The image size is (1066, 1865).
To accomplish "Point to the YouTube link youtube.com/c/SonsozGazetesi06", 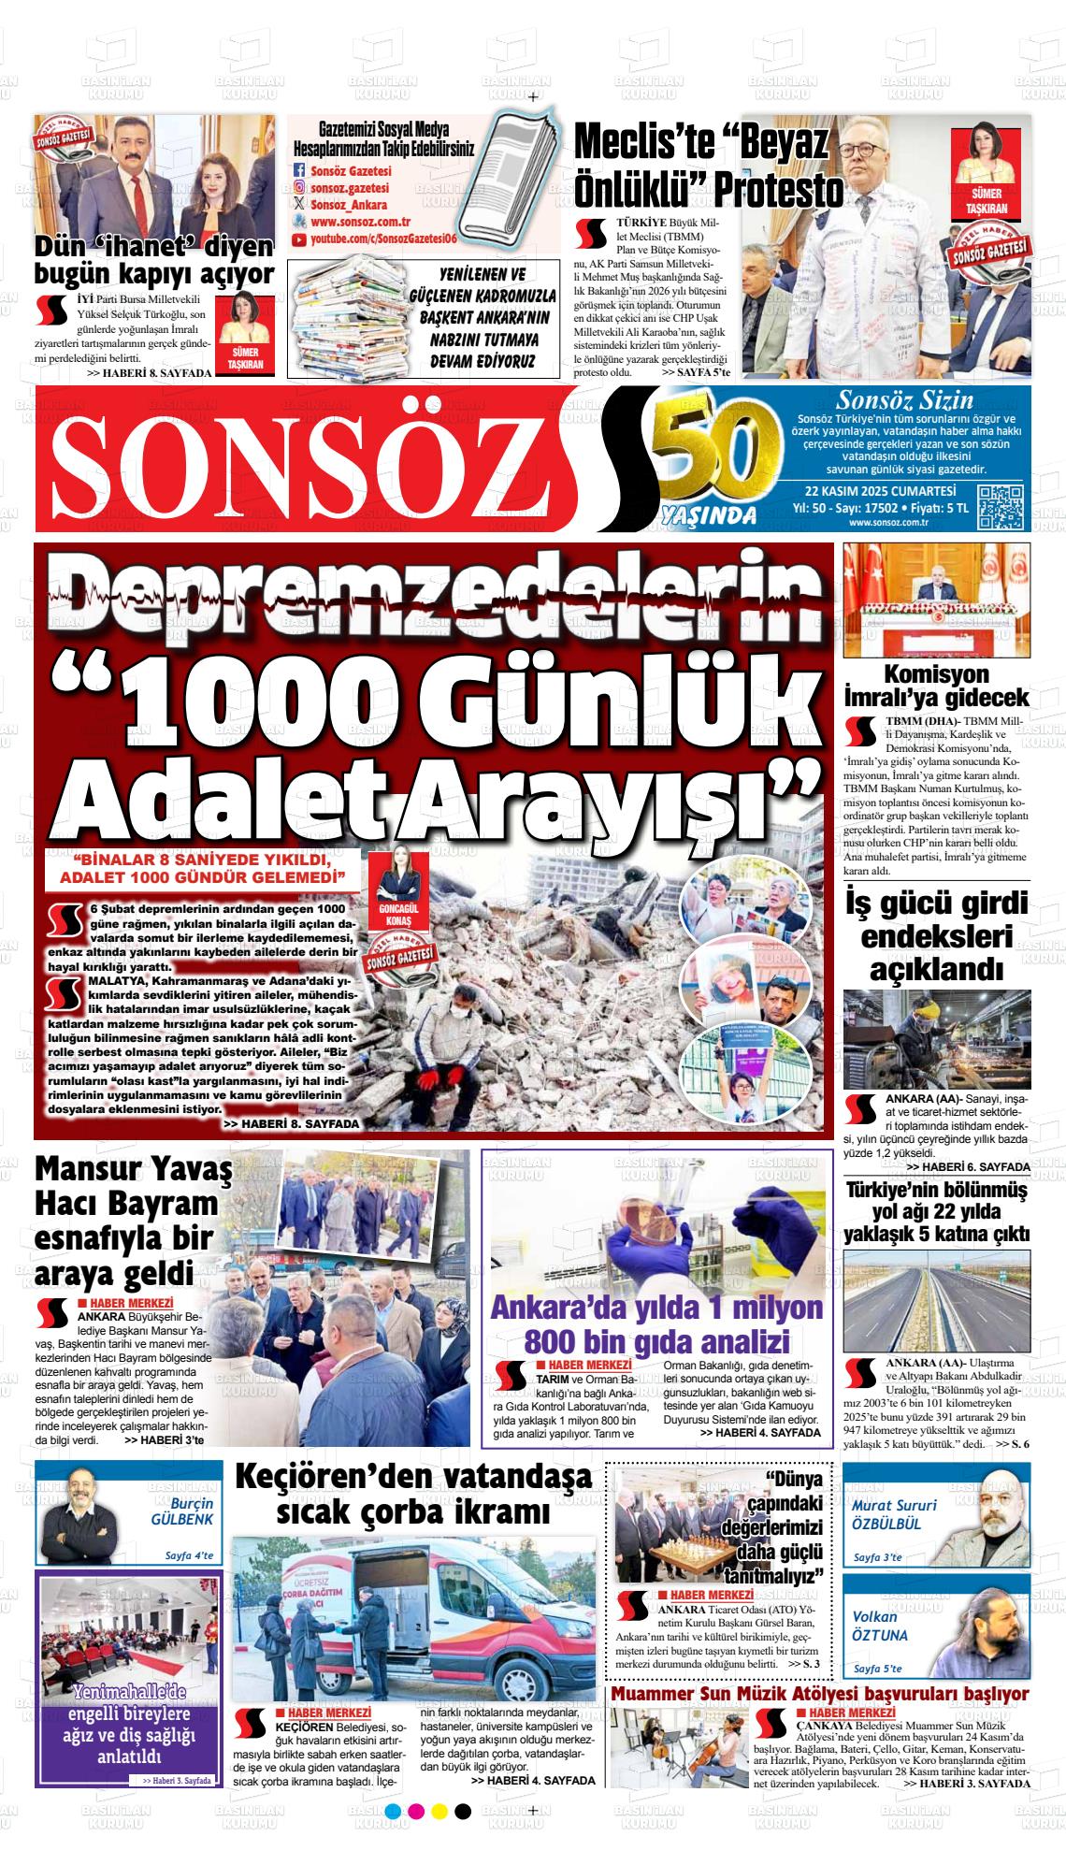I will [383, 240].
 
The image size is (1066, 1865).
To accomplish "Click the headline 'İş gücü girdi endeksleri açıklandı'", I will [937, 936].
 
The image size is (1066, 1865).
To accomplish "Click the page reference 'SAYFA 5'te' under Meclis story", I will [695, 372].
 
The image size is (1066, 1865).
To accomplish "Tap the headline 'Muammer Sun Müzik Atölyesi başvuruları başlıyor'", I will [819, 1695].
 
